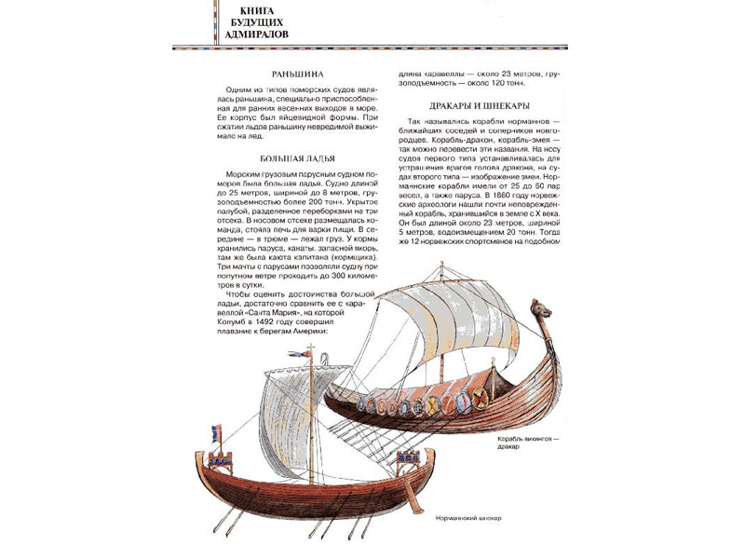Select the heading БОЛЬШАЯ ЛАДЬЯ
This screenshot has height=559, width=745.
[297, 159]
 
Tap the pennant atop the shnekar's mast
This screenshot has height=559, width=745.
[303, 354]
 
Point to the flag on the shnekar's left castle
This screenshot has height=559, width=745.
[217, 431]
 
